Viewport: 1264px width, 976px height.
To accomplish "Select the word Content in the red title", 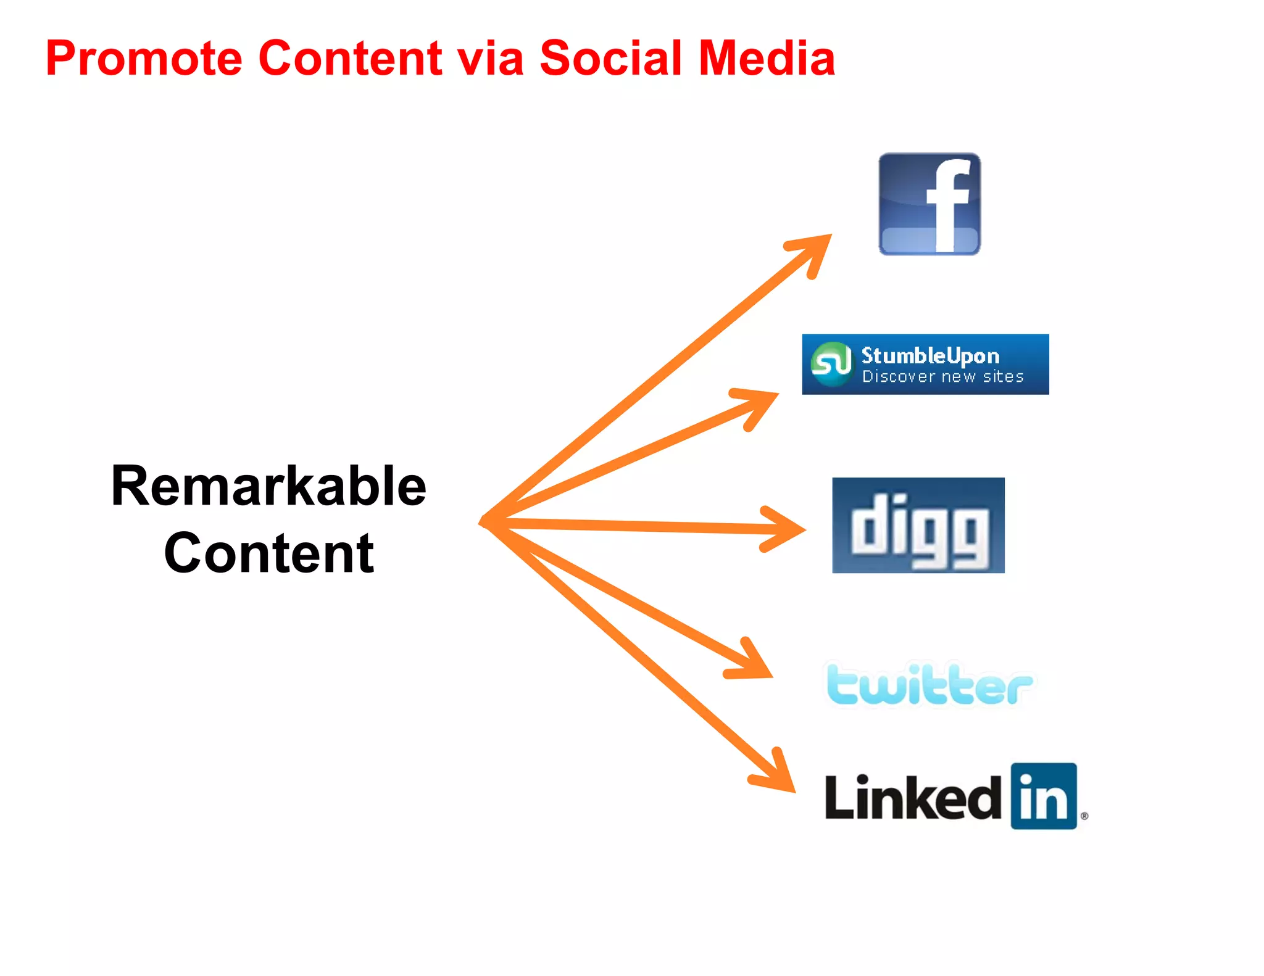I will click(x=350, y=59).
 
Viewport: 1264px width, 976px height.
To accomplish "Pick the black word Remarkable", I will click(x=268, y=487).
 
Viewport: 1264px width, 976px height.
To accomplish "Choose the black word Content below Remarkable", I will click(x=268, y=553).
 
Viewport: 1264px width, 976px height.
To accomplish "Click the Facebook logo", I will click(x=929, y=204).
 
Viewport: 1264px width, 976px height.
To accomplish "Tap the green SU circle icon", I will click(x=831, y=363).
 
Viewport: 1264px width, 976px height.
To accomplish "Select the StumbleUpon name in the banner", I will click(x=930, y=355).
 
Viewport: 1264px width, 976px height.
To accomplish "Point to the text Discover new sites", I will click(x=942, y=376).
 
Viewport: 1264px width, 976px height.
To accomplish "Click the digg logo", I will click(x=918, y=526).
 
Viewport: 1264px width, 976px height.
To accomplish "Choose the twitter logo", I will click(x=929, y=684).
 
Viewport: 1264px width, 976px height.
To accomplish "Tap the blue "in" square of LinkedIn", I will click(x=1044, y=796).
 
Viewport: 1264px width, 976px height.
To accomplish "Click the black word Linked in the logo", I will click(x=913, y=798).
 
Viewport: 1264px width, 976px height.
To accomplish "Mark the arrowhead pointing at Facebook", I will click(x=815, y=250).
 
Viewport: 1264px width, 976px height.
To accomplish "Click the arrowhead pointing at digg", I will click(x=787, y=529).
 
